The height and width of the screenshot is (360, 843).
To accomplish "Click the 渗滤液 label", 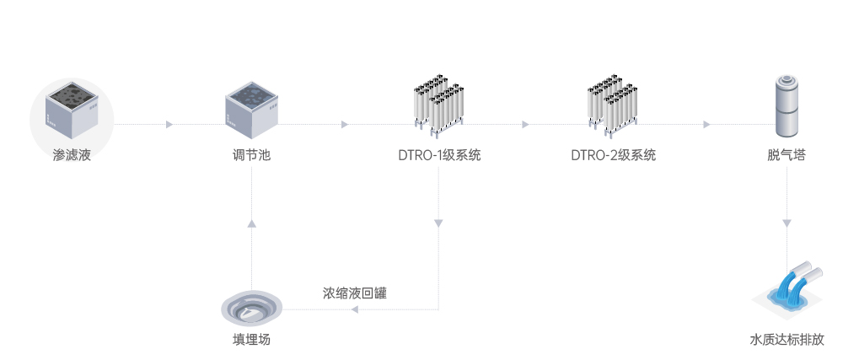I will pos(72,155).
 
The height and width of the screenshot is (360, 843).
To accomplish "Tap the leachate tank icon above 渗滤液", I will pos(72,110).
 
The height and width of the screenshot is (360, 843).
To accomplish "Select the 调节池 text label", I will pos(252,155).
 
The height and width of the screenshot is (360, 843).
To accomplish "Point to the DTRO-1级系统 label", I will pos(439,155).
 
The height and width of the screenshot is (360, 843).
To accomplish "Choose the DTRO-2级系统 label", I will pos(613,155).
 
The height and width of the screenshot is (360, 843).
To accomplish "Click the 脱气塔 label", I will pos(787,155).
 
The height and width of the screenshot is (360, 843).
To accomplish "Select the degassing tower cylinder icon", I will pos(787,105).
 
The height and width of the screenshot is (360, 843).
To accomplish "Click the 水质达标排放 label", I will pos(787,341).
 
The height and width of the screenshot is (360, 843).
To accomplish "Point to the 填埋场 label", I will pos(252,341).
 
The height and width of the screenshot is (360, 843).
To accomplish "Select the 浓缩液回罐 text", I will pos(355,293).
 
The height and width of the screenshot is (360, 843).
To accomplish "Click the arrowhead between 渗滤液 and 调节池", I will pos(169,125).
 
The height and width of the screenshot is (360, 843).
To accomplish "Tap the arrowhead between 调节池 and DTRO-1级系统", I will pos(345,125).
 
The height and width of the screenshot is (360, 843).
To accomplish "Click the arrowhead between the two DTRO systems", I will pos(525,125).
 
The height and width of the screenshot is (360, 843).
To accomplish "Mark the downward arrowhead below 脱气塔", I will pos(787,223).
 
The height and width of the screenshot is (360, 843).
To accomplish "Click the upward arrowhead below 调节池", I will pos(252,223).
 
